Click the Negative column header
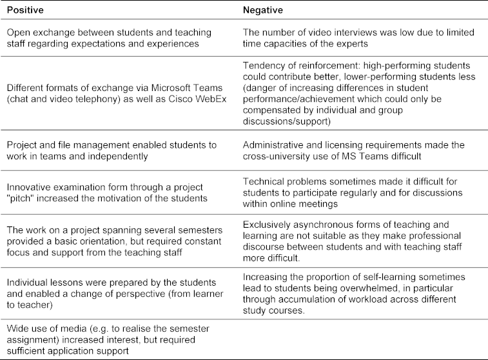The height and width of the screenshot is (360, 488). (261, 10)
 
